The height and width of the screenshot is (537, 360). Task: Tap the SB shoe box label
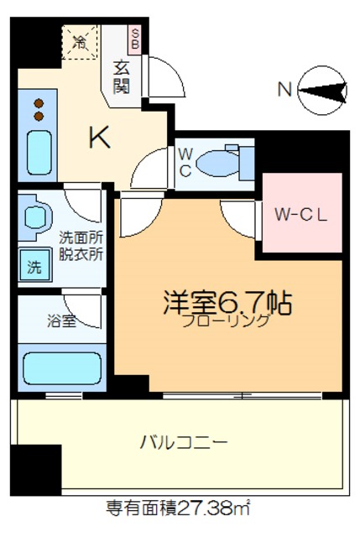(134, 39)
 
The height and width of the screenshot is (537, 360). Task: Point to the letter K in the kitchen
(100, 138)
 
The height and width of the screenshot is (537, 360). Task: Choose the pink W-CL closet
(302, 213)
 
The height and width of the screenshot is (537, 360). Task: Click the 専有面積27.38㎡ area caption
(178, 508)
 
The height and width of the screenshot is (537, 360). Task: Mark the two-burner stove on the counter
(38, 109)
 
